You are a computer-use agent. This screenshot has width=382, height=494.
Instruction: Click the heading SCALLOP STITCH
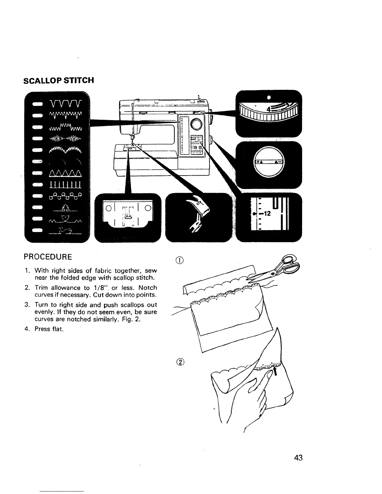click(x=59, y=80)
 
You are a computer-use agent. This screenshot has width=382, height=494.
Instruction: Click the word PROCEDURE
click(x=48, y=257)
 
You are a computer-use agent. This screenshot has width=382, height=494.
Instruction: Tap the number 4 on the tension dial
click(x=268, y=109)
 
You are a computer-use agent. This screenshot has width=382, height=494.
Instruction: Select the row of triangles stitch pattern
click(x=66, y=174)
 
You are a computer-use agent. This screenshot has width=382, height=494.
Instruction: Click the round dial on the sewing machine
click(x=197, y=124)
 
